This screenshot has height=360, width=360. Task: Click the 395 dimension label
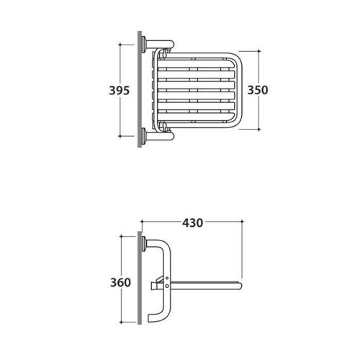[x=120, y=91]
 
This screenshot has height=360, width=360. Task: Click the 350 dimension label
[x=258, y=90]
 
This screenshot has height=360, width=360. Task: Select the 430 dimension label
[x=192, y=223]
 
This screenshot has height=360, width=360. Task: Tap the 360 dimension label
[x=120, y=282]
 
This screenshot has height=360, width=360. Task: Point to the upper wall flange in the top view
[x=144, y=45]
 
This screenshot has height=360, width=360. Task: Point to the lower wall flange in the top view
[x=144, y=136]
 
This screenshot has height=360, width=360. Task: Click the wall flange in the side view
[x=144, y=244]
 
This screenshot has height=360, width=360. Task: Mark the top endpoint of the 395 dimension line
[x=120, y=45]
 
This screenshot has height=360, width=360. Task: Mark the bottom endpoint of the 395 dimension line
[x=120, y=136]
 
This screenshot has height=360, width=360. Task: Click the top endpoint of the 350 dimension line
[x=258, y=51]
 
